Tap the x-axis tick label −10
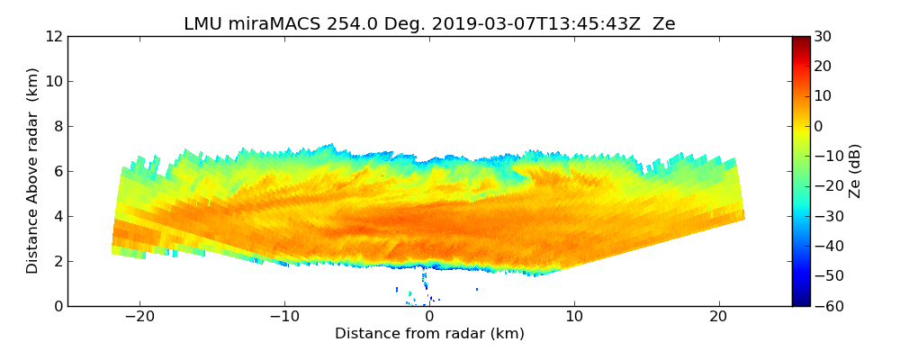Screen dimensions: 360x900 click(284, 318)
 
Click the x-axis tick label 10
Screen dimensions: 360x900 click(574, 318)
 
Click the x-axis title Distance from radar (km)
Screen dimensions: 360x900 click(429, 334)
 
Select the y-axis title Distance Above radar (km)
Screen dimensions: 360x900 click(33, 170)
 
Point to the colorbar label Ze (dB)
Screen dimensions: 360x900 click(855, 170)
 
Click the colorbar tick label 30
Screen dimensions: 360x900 click(823, 37)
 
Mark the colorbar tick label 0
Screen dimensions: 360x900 click(818, 126)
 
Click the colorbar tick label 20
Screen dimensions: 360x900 click(823, 67)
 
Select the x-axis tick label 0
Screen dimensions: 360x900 click(429, 318)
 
